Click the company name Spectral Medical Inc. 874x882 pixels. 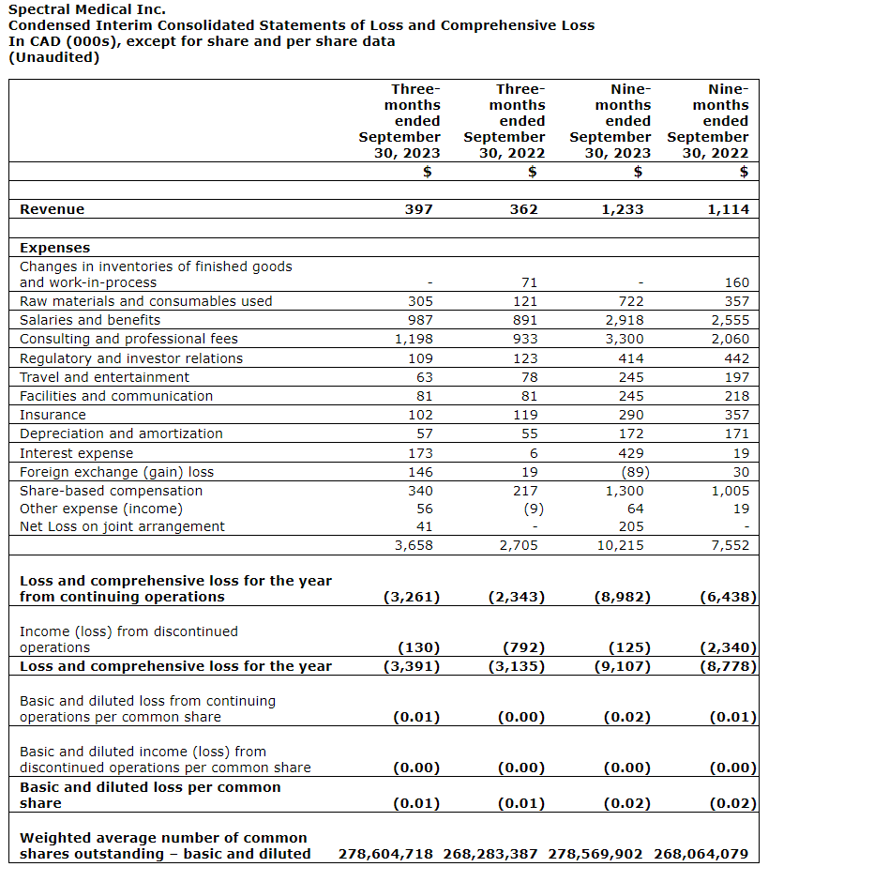click(x=86, y=9)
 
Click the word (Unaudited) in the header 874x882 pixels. click(x=53, y=57)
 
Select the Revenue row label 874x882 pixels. click(x=53, y=209)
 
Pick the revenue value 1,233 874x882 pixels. click(x=623, y=209)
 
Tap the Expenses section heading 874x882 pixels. click(x=55, y=248)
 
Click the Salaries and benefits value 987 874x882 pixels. click(x=420, y=320)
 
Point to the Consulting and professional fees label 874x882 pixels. click(x=128, y=339)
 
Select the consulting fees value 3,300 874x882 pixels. click(x=625, y=339)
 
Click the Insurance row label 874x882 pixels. click(x=53, y=415)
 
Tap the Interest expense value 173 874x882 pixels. click(x=420, y=453)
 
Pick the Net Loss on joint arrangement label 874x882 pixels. click(x=122, y=526)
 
